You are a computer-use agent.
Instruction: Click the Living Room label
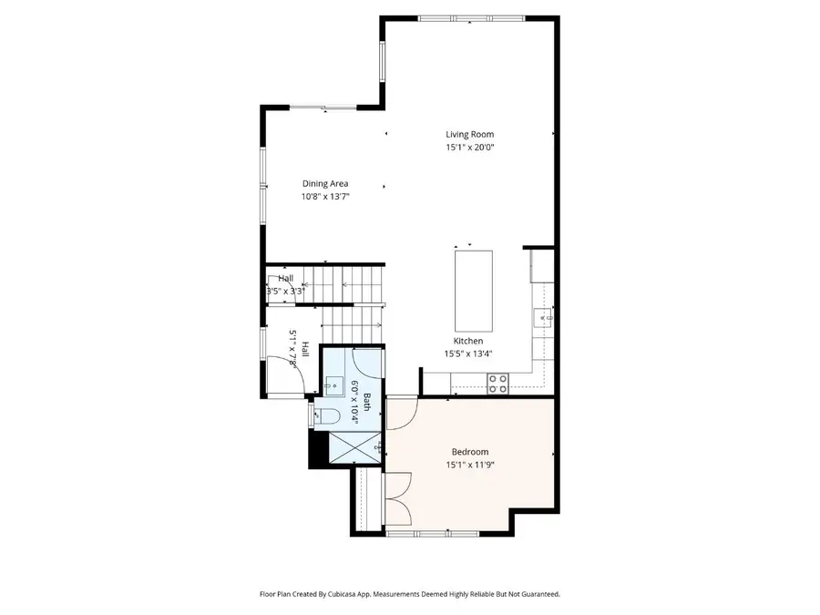[x=469, y=135]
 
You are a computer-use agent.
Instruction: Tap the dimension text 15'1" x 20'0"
[x=469, y=147]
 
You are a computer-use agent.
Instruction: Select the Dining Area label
[x=325, y=183]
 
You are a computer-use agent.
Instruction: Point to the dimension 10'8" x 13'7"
[x=325, y=196]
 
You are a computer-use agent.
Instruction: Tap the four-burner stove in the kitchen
[x=497, y=384]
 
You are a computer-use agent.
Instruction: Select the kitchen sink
[x=544, y=317]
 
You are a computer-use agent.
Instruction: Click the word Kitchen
[x=469, y=341]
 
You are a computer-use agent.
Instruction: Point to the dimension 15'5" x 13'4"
[x=469, y=354]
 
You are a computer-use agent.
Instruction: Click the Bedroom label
[x=470, y=452]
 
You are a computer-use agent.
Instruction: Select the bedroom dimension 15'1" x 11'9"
[x=470, y=465]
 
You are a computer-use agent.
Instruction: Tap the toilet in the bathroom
[x=327, y=417]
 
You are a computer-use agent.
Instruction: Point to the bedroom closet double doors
[x=397, y=500]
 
